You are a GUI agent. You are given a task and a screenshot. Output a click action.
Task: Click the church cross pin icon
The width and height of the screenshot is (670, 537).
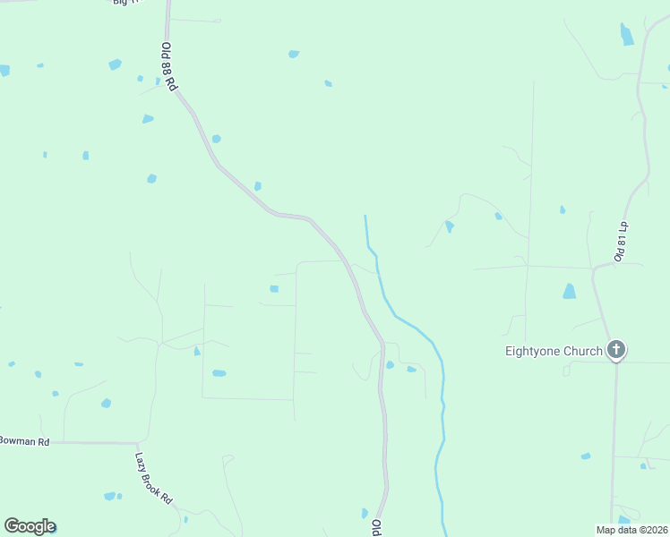coord(615,350)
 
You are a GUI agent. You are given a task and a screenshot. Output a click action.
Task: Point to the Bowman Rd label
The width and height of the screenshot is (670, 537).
coord(24,441)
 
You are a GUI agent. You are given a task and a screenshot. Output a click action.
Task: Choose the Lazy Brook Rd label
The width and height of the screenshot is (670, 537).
coord(153,478)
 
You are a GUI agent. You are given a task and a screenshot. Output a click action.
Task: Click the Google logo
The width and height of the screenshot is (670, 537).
coord(30,526)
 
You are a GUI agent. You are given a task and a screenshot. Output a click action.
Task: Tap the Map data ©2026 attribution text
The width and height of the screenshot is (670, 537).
coord(631,529)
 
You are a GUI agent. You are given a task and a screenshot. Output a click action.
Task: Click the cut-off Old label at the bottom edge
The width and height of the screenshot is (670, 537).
coord(377,527)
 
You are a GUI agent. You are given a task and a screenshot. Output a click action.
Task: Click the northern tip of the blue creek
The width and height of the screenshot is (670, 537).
coord(365,217)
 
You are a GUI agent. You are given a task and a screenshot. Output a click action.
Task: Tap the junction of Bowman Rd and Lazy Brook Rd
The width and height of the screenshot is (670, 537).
coord(137,443)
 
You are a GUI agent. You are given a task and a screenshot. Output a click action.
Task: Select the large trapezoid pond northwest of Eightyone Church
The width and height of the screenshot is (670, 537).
coord(569,291)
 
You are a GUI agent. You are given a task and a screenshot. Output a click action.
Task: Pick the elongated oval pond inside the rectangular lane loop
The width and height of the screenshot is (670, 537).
coord(219,372)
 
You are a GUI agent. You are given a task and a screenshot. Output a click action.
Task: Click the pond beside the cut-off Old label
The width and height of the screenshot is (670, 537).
coord(365,513)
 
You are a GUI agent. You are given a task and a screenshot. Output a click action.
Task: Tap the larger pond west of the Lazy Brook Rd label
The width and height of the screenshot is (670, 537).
coord(109,496)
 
